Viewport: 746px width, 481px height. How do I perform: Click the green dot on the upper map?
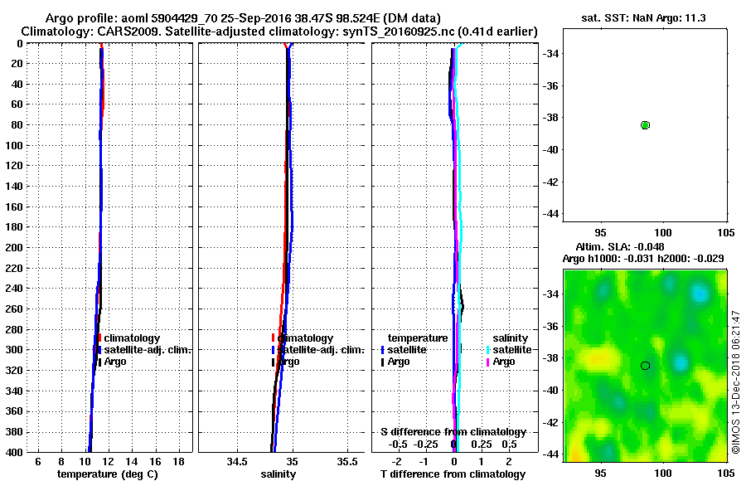(645, 124)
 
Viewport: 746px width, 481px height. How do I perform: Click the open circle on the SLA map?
(645, 365)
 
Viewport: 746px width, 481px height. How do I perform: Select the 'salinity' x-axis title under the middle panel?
(279, 474)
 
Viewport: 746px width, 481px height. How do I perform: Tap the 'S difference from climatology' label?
(453, 432)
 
